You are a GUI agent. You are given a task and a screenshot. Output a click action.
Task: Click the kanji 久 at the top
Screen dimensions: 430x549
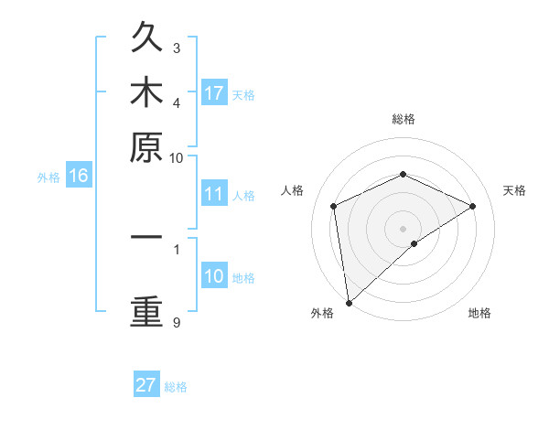146,39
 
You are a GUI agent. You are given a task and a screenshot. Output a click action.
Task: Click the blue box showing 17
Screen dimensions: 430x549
214,93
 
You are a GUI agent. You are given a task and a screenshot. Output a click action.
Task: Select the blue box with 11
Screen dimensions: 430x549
214,194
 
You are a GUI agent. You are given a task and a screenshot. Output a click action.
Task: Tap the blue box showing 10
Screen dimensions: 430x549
214,276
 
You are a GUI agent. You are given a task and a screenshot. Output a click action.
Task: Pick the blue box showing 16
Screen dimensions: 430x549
79,177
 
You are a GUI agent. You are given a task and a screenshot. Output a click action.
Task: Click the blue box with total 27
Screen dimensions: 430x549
146,385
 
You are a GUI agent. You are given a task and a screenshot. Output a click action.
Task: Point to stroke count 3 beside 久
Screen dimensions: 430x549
177,48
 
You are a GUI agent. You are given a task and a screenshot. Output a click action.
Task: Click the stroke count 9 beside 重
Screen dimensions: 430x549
177,322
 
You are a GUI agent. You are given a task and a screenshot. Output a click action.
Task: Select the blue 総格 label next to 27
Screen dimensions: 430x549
176,387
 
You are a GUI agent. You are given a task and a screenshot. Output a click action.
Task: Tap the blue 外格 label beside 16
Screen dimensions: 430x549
48,177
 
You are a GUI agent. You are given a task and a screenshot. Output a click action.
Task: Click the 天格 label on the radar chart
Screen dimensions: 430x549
514,190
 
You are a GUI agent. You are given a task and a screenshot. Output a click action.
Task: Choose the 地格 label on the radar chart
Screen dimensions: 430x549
479,314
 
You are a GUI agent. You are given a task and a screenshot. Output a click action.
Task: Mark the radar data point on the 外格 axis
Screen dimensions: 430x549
349,303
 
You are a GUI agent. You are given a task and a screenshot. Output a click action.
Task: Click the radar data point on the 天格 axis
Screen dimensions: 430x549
473,206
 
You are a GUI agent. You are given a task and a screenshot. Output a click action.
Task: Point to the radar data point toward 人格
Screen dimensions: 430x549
334,206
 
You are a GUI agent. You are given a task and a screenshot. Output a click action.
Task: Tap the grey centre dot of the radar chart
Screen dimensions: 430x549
404,228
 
